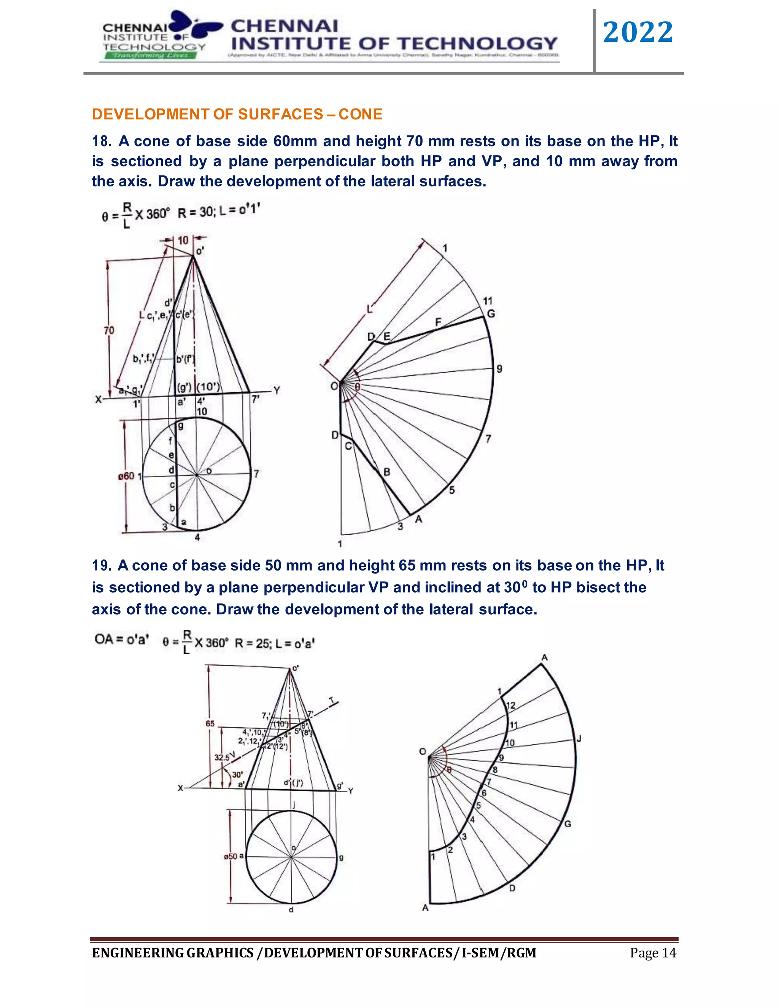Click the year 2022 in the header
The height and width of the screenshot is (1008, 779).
638,32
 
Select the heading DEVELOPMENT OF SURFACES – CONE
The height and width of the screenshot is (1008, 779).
237,114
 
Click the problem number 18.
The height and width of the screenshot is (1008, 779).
101,141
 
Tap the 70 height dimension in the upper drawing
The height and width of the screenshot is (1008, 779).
109,331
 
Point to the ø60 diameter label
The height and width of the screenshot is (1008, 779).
126,476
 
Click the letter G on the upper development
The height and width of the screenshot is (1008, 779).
491,314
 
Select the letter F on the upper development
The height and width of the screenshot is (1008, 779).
439,322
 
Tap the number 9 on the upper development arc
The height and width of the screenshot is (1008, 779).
499,369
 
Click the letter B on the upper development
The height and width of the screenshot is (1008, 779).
387,472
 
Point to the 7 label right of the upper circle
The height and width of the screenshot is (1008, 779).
257,474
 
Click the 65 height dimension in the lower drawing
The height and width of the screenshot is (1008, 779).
210,724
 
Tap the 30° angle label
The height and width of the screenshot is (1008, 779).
237,774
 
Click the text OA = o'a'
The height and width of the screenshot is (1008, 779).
121,639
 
